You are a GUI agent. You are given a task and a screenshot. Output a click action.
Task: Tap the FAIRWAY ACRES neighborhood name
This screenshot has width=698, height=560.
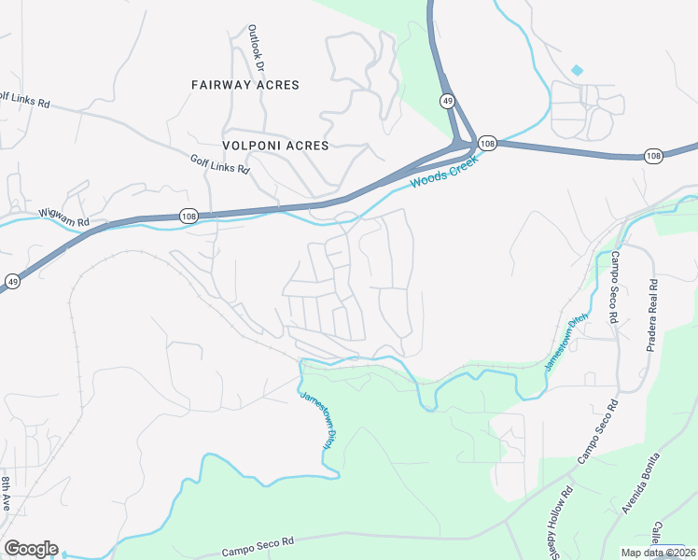coord(245,85)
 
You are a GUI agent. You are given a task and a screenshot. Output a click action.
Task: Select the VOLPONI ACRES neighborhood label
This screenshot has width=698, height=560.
coord(276,146)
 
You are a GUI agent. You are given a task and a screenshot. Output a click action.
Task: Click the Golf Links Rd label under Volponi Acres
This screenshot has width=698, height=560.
coord(220,165)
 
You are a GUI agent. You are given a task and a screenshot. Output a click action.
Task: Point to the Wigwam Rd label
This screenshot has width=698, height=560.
coord(63,218)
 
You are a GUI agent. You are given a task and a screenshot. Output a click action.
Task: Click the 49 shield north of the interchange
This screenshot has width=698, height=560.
coord(448,99)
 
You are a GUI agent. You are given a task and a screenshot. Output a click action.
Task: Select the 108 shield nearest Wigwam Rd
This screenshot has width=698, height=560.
coord(189,216)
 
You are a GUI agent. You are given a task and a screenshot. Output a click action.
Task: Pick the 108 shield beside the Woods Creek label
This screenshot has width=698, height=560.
coord(487,143)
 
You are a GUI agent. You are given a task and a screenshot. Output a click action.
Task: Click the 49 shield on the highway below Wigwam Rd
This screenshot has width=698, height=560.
coord(13,280)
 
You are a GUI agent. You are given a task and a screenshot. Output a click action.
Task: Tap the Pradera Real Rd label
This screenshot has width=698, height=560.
coord(652,315)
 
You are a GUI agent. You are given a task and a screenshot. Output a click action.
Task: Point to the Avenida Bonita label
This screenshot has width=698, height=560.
coord(642,482)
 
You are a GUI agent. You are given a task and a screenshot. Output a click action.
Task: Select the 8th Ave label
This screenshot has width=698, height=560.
coord(6,492)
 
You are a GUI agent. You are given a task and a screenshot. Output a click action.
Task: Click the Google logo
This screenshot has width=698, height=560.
coord(31,549)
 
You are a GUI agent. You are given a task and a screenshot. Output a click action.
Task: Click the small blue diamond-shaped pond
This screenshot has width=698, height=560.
coord(577,70)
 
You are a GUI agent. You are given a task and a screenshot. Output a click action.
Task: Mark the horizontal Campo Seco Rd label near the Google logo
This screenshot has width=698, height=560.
coord(258,546)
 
